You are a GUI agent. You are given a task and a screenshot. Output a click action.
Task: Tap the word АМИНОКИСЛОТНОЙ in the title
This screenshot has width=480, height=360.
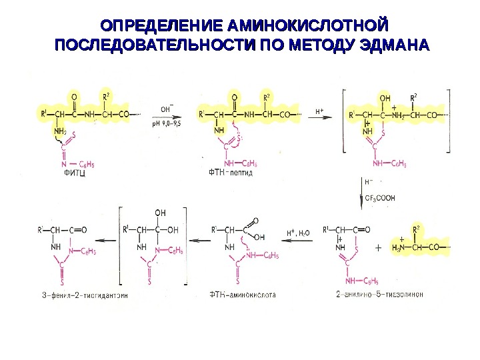(307, 27)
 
